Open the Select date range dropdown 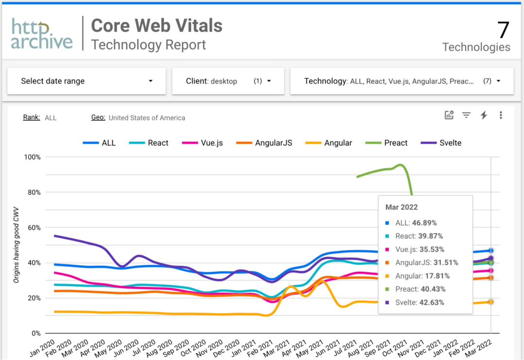pos(86,81)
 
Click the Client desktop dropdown pos(228,81)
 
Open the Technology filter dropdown pos(402,81)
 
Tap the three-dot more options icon pos(501,115)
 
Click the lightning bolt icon pos(483,115)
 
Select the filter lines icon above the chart pos(466,115)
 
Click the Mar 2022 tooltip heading pos(401,207)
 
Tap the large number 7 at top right pos(503,30)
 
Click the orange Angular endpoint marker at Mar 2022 pos(491,302)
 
